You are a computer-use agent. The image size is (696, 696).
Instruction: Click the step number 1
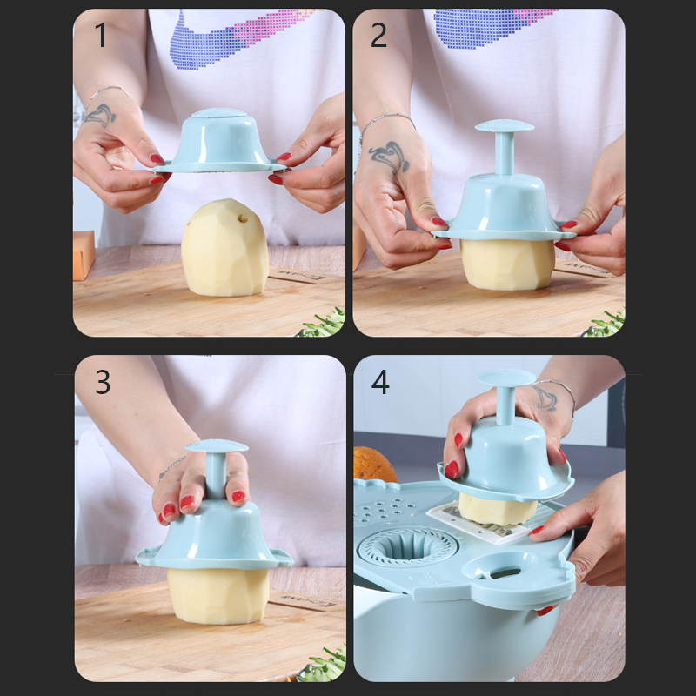coord(101,35)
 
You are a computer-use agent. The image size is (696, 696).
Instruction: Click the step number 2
coord(378,35)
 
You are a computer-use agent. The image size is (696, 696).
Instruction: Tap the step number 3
coord(103,382)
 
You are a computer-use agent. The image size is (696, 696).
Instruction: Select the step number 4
coord(380,382)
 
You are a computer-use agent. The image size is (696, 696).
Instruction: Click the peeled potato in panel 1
coord(224,248)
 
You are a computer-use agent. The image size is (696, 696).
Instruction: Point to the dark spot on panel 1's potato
coord(243,218)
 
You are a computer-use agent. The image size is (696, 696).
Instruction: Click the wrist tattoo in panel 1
coord(101,115)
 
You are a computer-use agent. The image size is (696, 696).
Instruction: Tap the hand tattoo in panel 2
coord(389,157)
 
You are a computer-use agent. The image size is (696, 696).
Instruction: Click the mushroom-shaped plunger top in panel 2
coord(505,126)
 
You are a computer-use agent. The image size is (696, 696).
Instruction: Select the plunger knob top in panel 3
coord(216,446)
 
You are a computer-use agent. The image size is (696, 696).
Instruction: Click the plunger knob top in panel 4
coord(507,378)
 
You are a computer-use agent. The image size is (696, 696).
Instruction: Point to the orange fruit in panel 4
coord(374,465)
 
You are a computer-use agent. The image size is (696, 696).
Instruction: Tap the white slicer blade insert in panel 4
coord(484,522)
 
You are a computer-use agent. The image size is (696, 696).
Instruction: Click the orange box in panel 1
coord(84,255)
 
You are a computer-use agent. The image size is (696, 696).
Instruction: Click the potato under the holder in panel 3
coord(218,595)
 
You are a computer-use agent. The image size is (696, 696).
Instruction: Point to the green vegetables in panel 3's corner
coord(324,666)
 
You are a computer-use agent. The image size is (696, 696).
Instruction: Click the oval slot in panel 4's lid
coord(505,573)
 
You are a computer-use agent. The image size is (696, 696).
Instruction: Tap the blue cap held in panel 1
coord(219,141)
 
